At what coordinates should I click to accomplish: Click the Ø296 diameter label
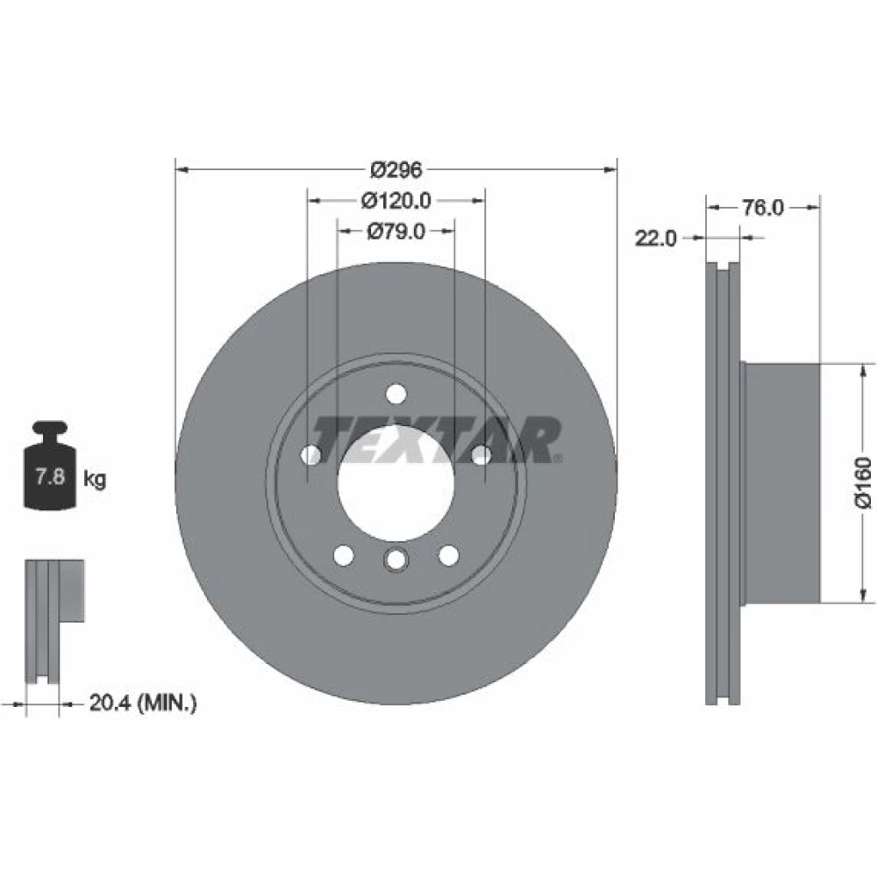[396, 169]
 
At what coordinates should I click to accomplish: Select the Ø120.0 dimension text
[396, 200]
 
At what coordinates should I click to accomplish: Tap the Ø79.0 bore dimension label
[396, 231]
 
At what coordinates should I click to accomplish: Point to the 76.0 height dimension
[763, 208]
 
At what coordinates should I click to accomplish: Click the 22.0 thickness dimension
[655, 239]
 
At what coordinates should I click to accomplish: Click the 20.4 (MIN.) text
[143, 702]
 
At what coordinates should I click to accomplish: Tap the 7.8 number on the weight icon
[50, 477]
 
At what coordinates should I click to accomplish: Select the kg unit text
[95, 480]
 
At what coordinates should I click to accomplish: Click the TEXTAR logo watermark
[436, 440]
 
